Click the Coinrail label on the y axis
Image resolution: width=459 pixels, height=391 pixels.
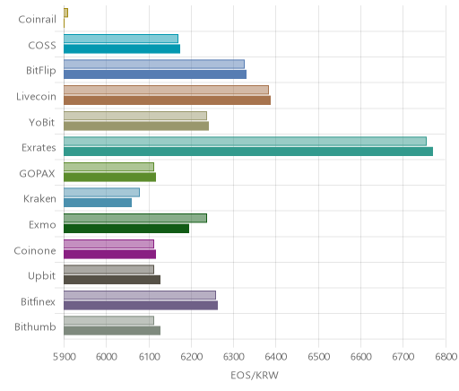click(37, 20)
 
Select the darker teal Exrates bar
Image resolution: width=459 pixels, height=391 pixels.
click(248, 152)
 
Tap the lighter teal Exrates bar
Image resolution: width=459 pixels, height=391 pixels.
click(245, 141)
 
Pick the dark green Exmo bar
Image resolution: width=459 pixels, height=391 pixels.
click(126, 229)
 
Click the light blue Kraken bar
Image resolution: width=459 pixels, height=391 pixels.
click(101, 192)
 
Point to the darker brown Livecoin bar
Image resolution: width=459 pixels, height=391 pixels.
click(168, 100)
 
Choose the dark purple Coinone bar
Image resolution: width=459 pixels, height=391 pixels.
click(110, 255)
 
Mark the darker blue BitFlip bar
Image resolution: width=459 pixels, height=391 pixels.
click(155, 74)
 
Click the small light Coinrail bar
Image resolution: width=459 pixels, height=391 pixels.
click(65, 13)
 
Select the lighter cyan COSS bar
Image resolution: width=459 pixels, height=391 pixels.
click(121, 39)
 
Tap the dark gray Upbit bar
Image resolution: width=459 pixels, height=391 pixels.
click(112, 280)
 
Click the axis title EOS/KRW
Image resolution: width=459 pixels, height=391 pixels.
click(255, 376)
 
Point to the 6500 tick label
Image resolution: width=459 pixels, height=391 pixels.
click(318, 357)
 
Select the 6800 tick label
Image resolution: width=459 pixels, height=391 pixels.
click(446, 357)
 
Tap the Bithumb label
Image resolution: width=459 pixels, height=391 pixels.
click(35, 327)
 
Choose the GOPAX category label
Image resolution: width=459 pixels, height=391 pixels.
click(37, 174)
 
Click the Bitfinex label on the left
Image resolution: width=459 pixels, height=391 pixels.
click(38, 301)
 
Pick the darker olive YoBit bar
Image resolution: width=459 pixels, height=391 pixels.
click(136, 126)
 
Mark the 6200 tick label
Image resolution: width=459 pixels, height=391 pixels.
click(191, 357)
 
